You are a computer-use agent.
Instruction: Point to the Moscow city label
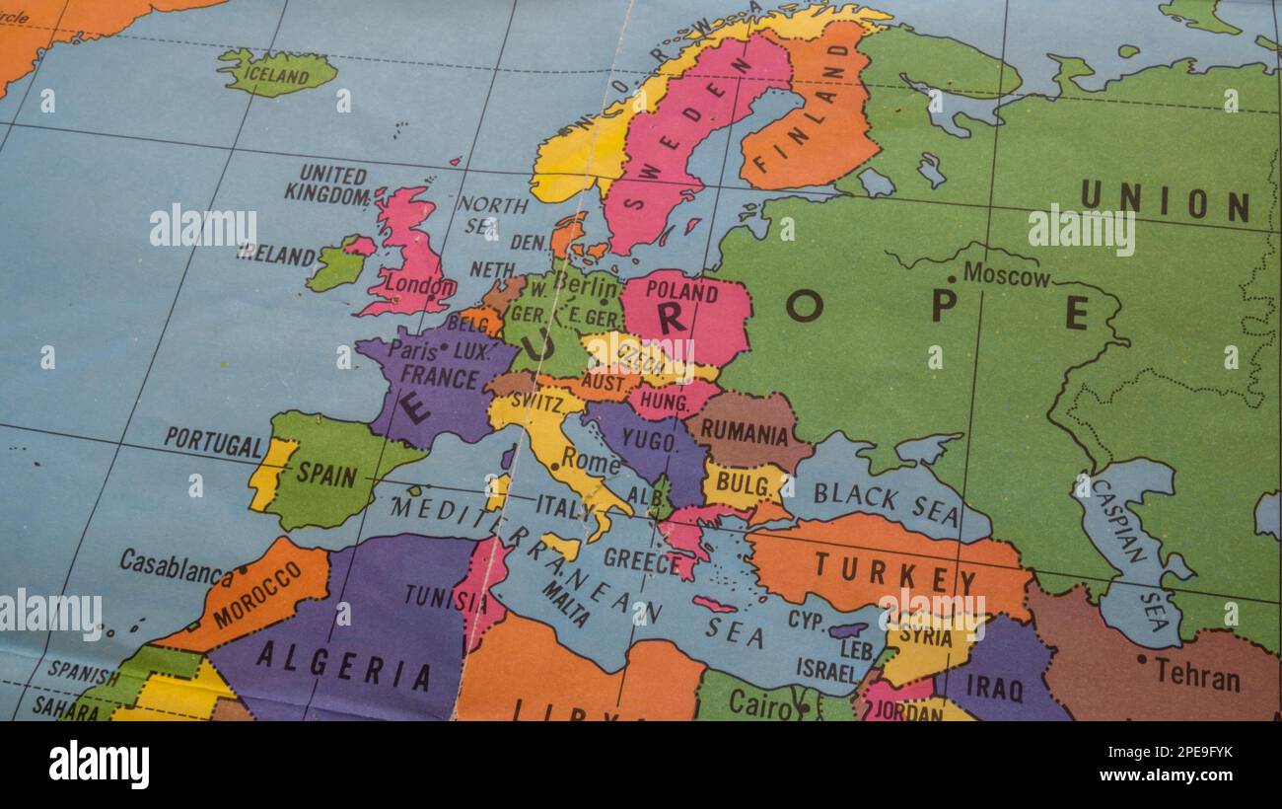pos(1006,275)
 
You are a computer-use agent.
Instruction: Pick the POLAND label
pos(681,292)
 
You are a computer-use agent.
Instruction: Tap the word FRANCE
pos(440,378)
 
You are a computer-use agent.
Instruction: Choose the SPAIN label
pos(326,475)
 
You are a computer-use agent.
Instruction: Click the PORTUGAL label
pos(213,442)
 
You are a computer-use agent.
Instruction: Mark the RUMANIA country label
pos(746,433)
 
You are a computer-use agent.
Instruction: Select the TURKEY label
pos(881,572)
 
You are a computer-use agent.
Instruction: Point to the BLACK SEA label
pos(885,503)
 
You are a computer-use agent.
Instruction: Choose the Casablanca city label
pos(176,566)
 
